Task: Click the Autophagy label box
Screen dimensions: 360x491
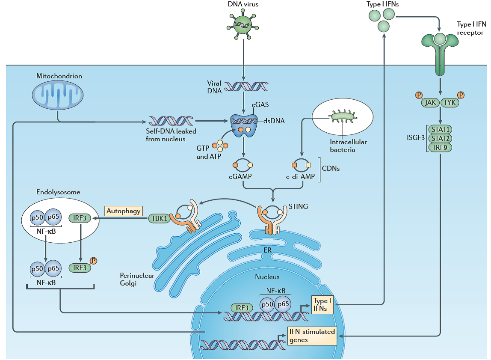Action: [x=124, y=211]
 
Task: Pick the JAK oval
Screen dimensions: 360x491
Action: [x=430, y=102]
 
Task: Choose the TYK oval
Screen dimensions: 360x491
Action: [x=450, y=102]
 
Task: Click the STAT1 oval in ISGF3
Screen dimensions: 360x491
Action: [x=440, y=129]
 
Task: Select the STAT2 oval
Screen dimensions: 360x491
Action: [x=440, y=138]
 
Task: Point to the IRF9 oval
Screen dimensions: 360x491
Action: [x=440, y=148]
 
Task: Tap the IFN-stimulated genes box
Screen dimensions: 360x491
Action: [x=311, y=336]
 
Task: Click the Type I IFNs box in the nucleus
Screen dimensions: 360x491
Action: [x=322, y=304]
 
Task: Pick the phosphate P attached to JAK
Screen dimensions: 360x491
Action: [x=419, y=95]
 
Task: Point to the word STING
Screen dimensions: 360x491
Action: [x=298, y=207]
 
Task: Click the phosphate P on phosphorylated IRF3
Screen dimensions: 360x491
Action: [x=93, y=261]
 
